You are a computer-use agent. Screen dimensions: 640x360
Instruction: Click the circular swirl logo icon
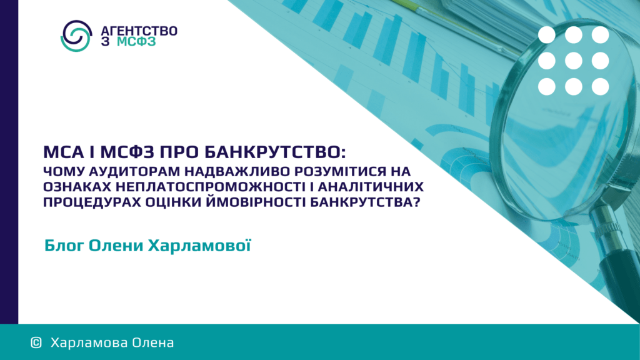tap(76, 36)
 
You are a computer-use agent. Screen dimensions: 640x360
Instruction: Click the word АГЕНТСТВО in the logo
tap(139, 31)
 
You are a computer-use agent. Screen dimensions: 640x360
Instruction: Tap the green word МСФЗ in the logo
tap(136, 42)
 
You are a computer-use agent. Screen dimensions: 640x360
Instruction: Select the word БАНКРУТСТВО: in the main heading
tap(275, 152)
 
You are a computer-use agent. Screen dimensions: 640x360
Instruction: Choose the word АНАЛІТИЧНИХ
tap(371, 187)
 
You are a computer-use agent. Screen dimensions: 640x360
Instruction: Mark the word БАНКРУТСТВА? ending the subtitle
tap(365, 202)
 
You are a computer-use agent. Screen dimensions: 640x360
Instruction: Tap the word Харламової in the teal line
tap(199, 246)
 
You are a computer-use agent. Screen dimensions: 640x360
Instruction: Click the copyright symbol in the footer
tap(36, 342)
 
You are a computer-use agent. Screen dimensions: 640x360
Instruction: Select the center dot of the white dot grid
tap(574, 61)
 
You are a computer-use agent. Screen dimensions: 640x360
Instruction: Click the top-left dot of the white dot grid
tap(546, 35)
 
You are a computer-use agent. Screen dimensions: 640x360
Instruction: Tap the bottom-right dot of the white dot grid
tap(600, 86)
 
